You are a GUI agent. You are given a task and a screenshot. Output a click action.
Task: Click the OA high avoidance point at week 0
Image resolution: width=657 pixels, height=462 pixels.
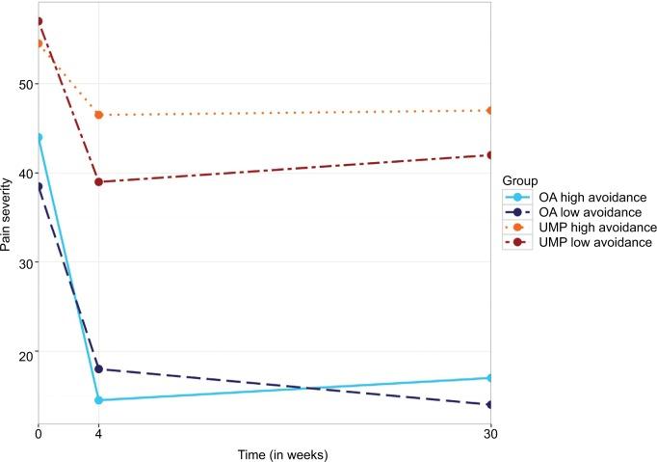tap(39, 137)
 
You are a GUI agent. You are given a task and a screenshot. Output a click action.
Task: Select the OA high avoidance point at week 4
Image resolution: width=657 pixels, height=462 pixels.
tap(98, 400)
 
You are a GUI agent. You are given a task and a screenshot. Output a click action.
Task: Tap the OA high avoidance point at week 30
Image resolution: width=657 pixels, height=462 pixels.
tap(490, 378)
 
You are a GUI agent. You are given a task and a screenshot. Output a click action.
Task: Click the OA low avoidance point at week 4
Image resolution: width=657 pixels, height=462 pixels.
tap(98, 369)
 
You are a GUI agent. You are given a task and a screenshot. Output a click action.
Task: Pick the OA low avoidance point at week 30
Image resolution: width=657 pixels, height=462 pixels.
tap(490, 405)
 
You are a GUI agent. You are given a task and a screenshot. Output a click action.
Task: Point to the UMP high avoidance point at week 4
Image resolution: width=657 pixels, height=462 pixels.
tap(98, 115)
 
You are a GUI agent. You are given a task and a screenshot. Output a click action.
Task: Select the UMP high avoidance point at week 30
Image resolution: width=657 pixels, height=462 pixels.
tap(490, 110)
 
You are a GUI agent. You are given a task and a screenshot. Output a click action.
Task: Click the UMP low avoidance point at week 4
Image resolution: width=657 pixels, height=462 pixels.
tap(98, 182)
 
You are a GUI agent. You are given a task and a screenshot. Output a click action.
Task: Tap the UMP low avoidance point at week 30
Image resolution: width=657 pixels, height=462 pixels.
tap(490, 155)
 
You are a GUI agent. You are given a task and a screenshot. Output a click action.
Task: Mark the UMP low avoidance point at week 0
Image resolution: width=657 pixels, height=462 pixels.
tap(39, 21)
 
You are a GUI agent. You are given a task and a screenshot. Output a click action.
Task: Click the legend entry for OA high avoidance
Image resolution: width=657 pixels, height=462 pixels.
tap(579, 198)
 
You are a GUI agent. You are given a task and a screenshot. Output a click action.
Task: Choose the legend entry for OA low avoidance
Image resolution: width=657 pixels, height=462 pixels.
tap(577, 212)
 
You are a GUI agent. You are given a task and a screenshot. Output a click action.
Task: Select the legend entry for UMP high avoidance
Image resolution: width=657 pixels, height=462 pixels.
tap(582, 227)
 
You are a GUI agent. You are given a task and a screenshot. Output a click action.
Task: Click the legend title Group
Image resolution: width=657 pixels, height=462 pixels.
tap(521, 181)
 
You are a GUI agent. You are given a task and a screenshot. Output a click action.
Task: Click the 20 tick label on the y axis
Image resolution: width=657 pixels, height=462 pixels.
tap(24, 352)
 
